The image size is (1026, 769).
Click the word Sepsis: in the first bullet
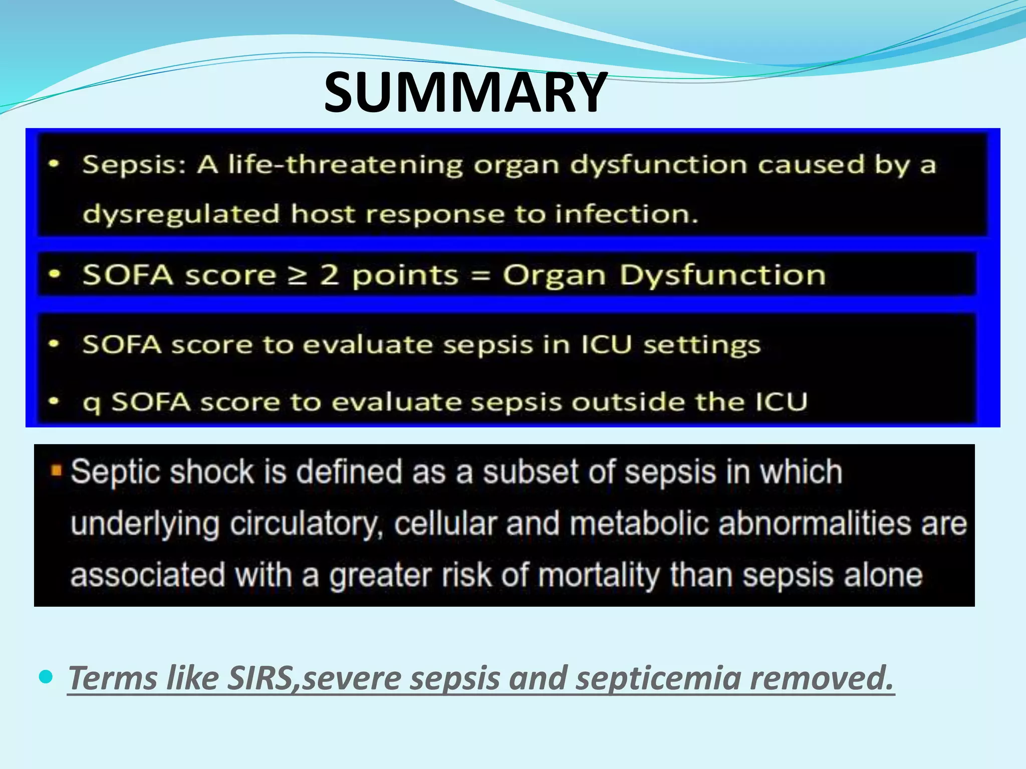pyautogui.click(x=134, y=165)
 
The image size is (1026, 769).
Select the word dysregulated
pyautogui.click(x=181, y=214)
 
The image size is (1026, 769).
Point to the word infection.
pyautogui.click(x=626, y=214)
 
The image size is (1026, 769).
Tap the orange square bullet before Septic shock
pyautogui.click(x=57, y=471)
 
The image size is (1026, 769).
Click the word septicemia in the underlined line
pyautogui.click(x=658, y=678)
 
